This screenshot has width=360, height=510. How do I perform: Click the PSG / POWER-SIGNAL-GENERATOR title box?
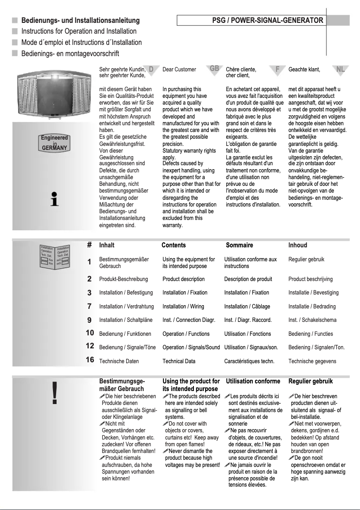(x=251, y=21)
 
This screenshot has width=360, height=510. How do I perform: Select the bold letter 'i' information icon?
(x=54, y=199)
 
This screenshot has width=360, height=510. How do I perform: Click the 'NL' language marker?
(x=341, y=69)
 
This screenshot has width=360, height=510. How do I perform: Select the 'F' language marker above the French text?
(x=278, y=69)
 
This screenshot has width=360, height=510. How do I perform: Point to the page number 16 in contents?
(x=90, y=360)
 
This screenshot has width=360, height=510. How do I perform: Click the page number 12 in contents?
(x=90, y=346)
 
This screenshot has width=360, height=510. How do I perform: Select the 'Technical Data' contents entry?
(x=179, y=361)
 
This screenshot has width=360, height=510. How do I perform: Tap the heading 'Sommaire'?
(x=239, y=245)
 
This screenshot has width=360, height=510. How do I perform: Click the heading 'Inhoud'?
(x=298, y=245)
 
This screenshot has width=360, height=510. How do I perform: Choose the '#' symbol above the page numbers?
(x=89, y=245)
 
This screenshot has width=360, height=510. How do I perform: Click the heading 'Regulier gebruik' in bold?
(x=310, y=381)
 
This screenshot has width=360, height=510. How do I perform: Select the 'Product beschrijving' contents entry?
(x=310, y=279)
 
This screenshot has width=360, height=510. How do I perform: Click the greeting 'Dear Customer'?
(x=179, y=70)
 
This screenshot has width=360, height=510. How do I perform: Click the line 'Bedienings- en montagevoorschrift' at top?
(x=70, y=54)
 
